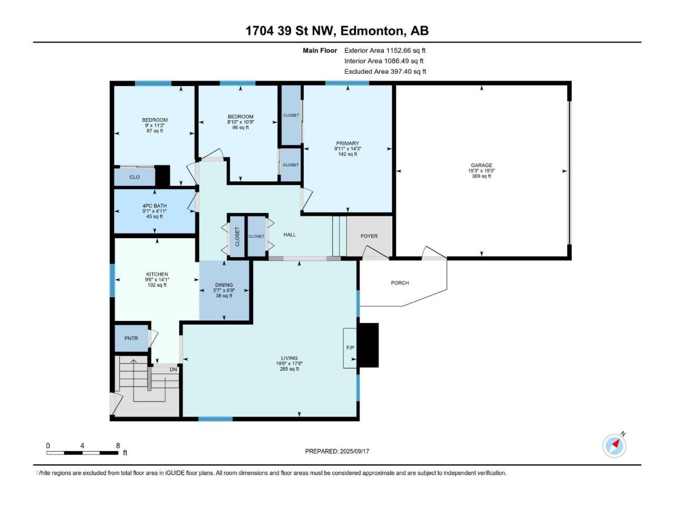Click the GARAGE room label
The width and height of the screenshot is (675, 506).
(x=481, y=166)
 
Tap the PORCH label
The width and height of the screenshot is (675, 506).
(x=400, y=283)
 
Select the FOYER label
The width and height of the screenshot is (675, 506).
(x=369, y=236)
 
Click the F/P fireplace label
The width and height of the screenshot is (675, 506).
(x=350, y=348)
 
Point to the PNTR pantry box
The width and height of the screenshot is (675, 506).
(x=131, y=338)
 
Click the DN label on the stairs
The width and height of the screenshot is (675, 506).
(x=173, y=369)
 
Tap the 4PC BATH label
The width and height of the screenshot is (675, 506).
(x=154, y=206)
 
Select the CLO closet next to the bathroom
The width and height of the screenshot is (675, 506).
(x=134, y=177)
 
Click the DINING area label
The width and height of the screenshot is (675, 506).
(x=224, y=285)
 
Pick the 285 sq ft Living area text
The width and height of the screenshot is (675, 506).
(x=289, y=369)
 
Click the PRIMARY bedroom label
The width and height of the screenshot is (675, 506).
(x=348, y=143)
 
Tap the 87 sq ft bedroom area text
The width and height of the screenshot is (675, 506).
(x=155, y=131)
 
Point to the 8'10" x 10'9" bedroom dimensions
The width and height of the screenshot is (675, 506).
(x=240, y=122)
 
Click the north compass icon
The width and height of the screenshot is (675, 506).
(x=614, y=446)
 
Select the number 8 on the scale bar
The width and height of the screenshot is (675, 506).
(x=118, y=445)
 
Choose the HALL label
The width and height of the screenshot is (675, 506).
(x=290, y=235)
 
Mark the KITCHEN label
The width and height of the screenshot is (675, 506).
(x=157, y=274)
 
